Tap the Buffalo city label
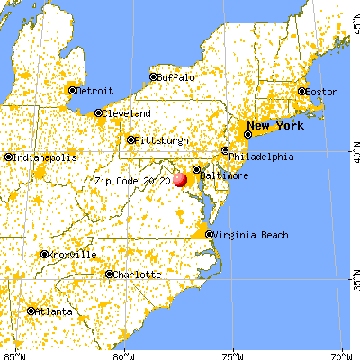[x=178, y=77]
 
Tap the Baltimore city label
[x=225, y=177]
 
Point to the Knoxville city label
[x=73, y=255]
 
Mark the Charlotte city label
[x=139, y=274]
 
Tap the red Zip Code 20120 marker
[x=180, y=179]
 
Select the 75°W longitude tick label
[x=233, y=354]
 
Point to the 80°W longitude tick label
[x=125, y=354]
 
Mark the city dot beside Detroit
[x=71, y=90]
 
